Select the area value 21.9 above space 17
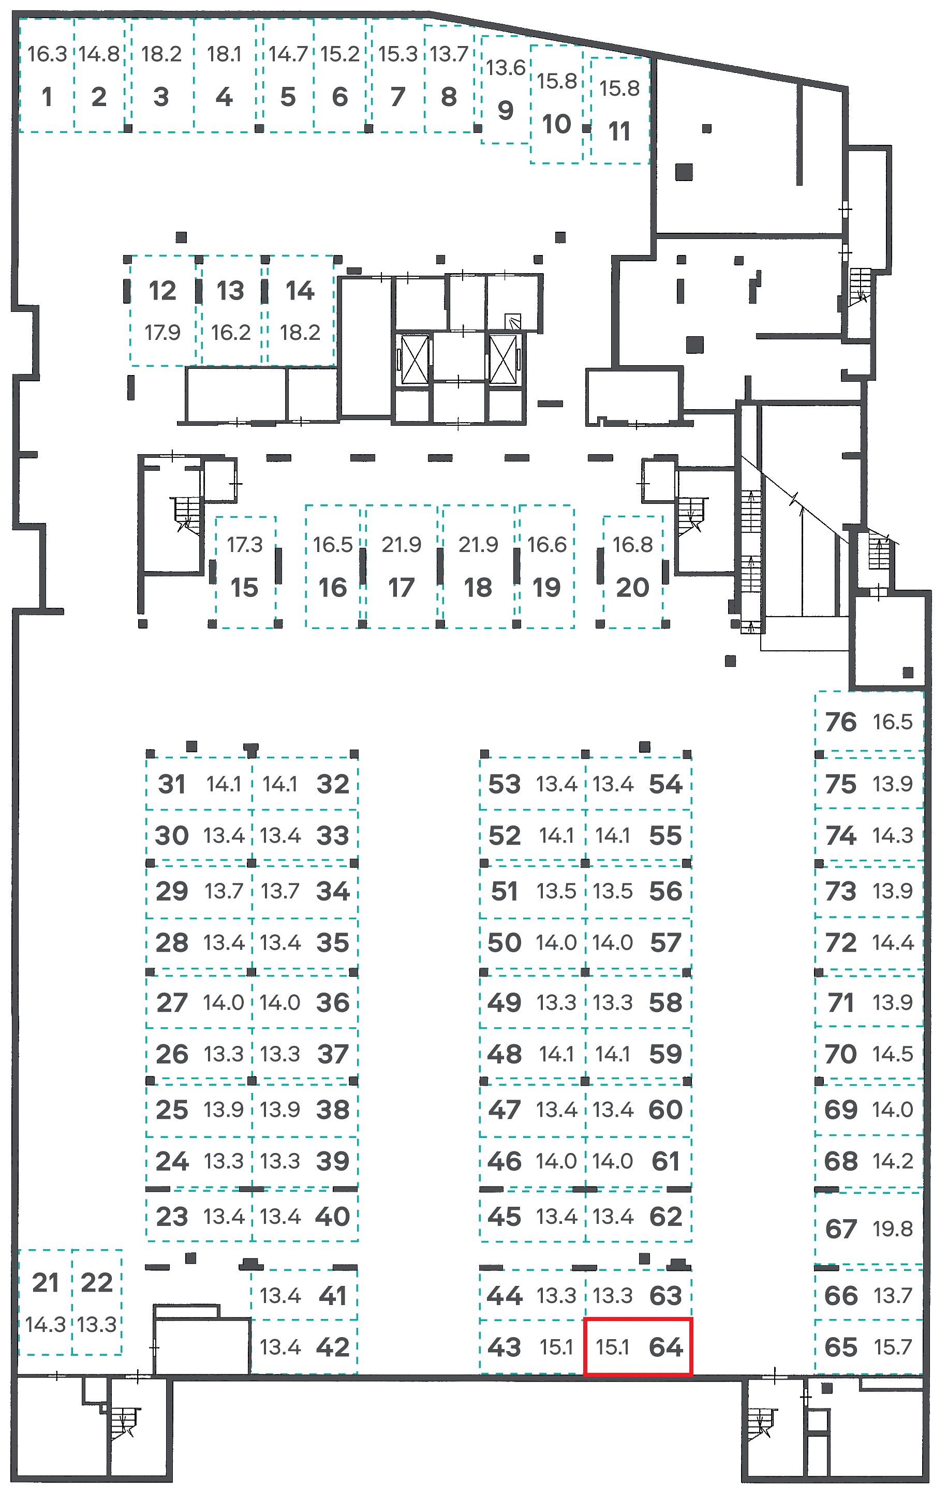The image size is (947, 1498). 402,545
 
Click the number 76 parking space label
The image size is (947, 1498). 840,722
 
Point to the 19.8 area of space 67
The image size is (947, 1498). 893,1229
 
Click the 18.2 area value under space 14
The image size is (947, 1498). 300,333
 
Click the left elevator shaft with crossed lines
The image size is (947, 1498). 415,359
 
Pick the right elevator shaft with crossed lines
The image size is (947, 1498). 503,359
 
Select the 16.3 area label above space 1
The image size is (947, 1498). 47,54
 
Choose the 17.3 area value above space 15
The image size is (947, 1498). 245,545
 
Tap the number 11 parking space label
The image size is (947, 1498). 619,132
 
